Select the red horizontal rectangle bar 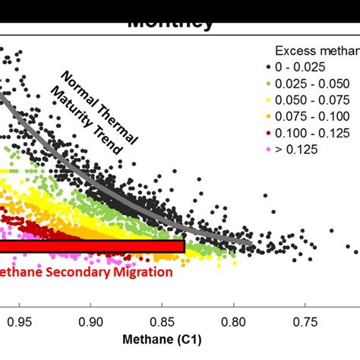(x=91, y=247)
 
